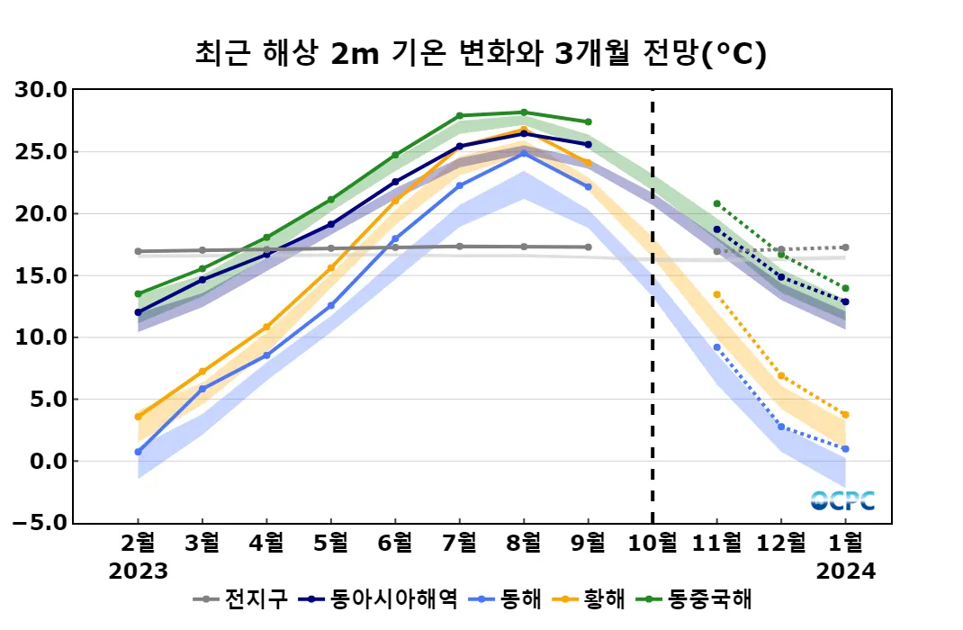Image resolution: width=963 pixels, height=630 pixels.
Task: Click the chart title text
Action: (481, 53)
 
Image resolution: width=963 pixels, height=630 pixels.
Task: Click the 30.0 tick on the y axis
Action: (43, 90)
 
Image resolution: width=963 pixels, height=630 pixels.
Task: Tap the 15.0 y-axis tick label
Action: (43, 275)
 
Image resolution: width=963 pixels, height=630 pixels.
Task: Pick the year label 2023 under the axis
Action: (139, 571)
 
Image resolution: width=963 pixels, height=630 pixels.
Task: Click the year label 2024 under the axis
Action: (845, 571)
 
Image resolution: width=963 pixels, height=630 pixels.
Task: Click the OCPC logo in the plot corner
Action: (842, 500)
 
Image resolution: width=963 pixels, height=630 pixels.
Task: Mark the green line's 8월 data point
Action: (524, 112)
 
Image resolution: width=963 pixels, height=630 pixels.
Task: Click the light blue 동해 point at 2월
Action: (139, 452)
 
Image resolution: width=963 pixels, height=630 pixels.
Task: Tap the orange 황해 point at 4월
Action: (266, 327)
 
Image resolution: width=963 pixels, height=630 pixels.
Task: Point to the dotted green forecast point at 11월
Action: (716, 203)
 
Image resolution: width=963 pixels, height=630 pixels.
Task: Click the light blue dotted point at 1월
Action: (845, 448)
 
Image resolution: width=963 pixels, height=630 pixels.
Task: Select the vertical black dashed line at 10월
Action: (652, 306)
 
